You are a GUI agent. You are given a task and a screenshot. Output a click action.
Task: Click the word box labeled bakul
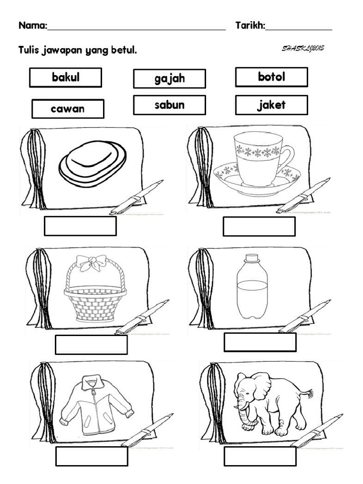point(65,78)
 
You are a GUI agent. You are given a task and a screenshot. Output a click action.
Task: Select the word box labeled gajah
point(169,78)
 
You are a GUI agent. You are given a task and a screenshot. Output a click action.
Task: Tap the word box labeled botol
point(271,77)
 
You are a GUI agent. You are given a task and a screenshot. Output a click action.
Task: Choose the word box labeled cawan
point(68,109)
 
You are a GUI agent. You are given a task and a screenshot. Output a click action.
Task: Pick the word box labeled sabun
point(169,105)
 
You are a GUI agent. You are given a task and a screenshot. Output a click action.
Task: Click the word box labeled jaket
point(271,105)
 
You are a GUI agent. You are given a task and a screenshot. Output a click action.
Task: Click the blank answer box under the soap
point(80,226)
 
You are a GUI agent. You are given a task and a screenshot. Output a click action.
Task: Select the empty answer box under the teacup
point(259,226)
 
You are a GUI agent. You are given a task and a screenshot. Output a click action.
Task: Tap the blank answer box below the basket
point(91,345)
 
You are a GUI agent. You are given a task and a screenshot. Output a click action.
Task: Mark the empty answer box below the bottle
point(260,342)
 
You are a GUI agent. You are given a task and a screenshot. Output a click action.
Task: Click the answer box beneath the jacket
point(92,456)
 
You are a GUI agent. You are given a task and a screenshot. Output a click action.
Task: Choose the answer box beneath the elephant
point(260,456)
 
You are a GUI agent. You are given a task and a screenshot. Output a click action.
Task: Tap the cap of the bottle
point(251,258)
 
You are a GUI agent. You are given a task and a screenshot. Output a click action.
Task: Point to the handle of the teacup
point(287,158)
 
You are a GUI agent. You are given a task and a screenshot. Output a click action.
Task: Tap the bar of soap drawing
point(93,164)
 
